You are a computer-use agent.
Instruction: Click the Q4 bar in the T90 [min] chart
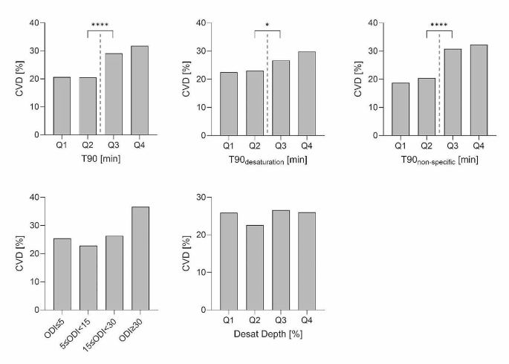(140, 91)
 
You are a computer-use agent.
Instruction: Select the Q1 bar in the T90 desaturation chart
(229, 104)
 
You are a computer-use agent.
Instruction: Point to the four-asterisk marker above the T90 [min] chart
(100, 26)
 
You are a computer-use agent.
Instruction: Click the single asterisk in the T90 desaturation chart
(268, 26)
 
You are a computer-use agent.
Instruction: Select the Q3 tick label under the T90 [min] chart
(114, 146)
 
